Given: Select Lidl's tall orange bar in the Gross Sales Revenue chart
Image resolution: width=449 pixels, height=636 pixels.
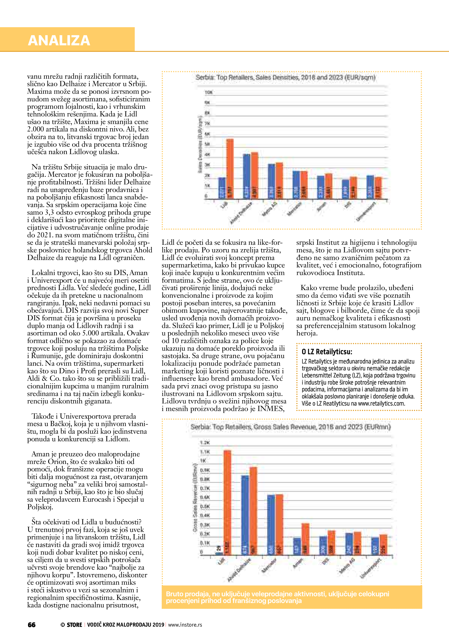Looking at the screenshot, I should (227, 503).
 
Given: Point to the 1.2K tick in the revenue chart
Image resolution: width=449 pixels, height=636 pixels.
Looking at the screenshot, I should (205, 442).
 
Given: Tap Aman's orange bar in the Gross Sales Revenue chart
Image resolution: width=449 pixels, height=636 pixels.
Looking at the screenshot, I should (305, 539).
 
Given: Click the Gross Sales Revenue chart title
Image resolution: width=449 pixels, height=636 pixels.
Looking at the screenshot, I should (290, 427).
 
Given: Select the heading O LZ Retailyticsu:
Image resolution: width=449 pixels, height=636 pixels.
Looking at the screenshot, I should (327, 352).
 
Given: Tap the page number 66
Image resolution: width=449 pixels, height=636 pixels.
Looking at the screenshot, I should (32, 625).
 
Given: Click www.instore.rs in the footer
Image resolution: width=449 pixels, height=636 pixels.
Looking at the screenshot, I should (185, 625).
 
